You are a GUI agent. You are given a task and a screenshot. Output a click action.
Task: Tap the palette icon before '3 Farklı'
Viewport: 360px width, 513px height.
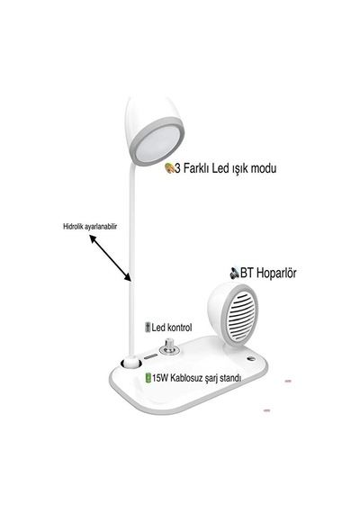(x=169, y=168)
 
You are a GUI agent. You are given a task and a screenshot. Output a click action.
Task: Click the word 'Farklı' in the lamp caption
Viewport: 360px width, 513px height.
(x=196, y=168)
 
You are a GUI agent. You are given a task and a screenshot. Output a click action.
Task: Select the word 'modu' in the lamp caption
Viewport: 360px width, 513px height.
(x=264, y=168)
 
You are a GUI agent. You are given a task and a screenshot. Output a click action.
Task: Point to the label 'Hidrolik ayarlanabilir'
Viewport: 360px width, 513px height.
(x=90, y=227)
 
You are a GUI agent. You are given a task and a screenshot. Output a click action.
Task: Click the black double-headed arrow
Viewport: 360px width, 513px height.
(x=111, y=258)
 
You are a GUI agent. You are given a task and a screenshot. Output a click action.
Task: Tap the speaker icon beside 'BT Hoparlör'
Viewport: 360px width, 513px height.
(x=234, y=273)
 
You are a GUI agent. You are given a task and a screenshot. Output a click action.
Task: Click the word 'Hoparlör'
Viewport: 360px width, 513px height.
(x=276, y=273)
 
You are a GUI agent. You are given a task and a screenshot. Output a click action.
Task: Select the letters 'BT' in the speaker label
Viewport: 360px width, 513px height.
(x=247, y=273)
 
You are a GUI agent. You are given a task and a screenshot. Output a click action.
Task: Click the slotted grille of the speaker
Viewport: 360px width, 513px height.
(x=243, y=315)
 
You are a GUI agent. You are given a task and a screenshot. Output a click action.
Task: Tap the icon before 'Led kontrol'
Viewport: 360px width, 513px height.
(x=148, y=328)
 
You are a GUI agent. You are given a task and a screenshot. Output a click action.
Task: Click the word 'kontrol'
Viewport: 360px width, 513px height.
(x=179, y=328)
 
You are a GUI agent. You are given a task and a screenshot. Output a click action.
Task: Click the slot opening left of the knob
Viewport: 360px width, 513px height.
(x=151, y=356)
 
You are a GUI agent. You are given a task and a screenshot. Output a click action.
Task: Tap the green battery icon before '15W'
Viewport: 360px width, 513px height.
(x=148, y=378)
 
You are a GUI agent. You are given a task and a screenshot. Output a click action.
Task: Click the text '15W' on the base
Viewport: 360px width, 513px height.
(x=159, y=379)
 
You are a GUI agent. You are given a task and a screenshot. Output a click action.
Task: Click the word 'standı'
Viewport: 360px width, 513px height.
(x=230, y=379)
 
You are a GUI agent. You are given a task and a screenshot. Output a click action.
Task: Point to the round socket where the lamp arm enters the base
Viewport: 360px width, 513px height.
(x=130, y=363)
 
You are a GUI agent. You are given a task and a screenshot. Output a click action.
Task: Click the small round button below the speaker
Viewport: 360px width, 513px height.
(x=251, y=358)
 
